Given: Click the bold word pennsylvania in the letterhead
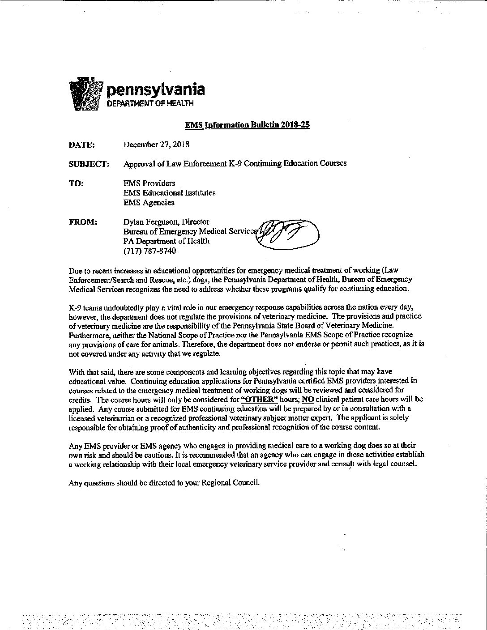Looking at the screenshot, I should click(155, 89).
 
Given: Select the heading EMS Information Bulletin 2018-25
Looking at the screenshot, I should click(247, 125).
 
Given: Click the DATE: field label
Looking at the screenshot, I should click(81, 145).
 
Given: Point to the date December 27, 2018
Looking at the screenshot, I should click(156, 145).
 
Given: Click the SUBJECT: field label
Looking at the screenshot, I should click(89, 164).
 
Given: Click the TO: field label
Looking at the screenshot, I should click(76, 183).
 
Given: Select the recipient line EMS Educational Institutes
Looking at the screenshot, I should click(169, 193).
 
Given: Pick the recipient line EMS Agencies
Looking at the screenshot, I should click(149, 203).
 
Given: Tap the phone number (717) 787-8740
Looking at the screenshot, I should click(150, 251).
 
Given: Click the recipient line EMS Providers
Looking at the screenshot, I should click(149, 183).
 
